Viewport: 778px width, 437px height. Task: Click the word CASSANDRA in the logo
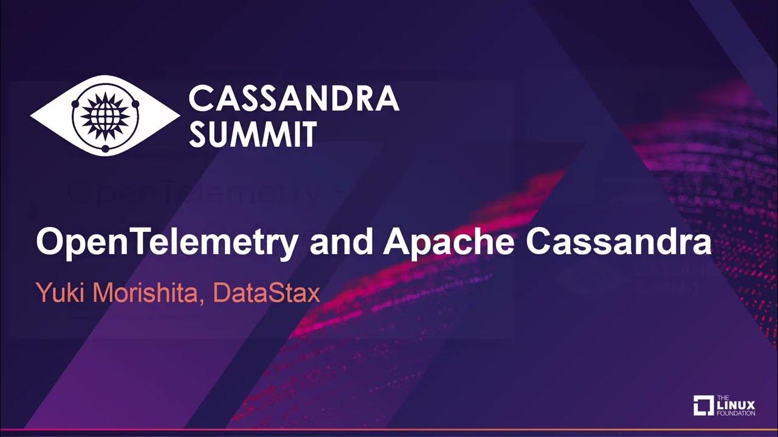pos(294,98)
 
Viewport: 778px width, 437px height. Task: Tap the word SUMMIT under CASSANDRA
pos(252,135)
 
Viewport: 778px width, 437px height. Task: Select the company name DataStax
pos(267,293)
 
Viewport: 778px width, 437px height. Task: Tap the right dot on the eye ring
pos(135,104)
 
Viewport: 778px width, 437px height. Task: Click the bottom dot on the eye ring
pos(105,148)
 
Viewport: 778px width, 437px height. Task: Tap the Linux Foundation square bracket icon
pos(703,405)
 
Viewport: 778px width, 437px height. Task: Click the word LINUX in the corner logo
pos(737,405)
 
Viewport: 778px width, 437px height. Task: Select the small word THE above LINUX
pos(723,396)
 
